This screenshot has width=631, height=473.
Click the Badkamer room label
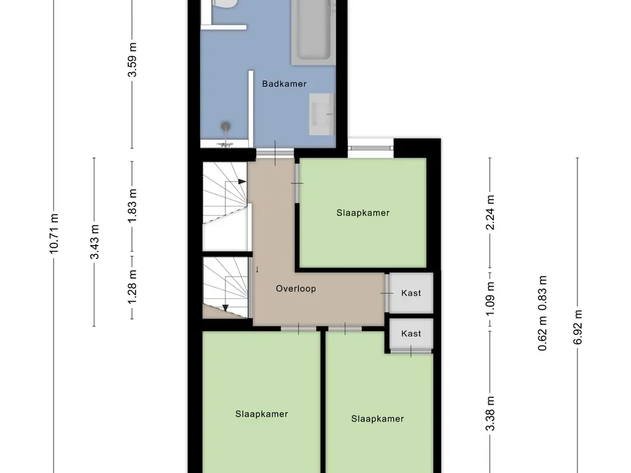284,84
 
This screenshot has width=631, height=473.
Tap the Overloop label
296,288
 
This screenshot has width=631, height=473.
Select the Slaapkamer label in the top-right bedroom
363,213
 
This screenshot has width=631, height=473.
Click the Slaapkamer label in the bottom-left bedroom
261,414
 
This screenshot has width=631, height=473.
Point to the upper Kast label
411,293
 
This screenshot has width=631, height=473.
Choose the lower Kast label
411,333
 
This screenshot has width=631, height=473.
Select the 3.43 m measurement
94,241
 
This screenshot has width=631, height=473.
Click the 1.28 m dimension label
132,286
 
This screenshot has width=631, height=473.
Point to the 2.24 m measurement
491,212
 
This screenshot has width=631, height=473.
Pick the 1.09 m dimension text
491,299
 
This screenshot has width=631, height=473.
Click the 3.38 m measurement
491,419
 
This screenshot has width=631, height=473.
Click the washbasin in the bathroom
322,114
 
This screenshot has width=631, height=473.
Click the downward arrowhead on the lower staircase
226,307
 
